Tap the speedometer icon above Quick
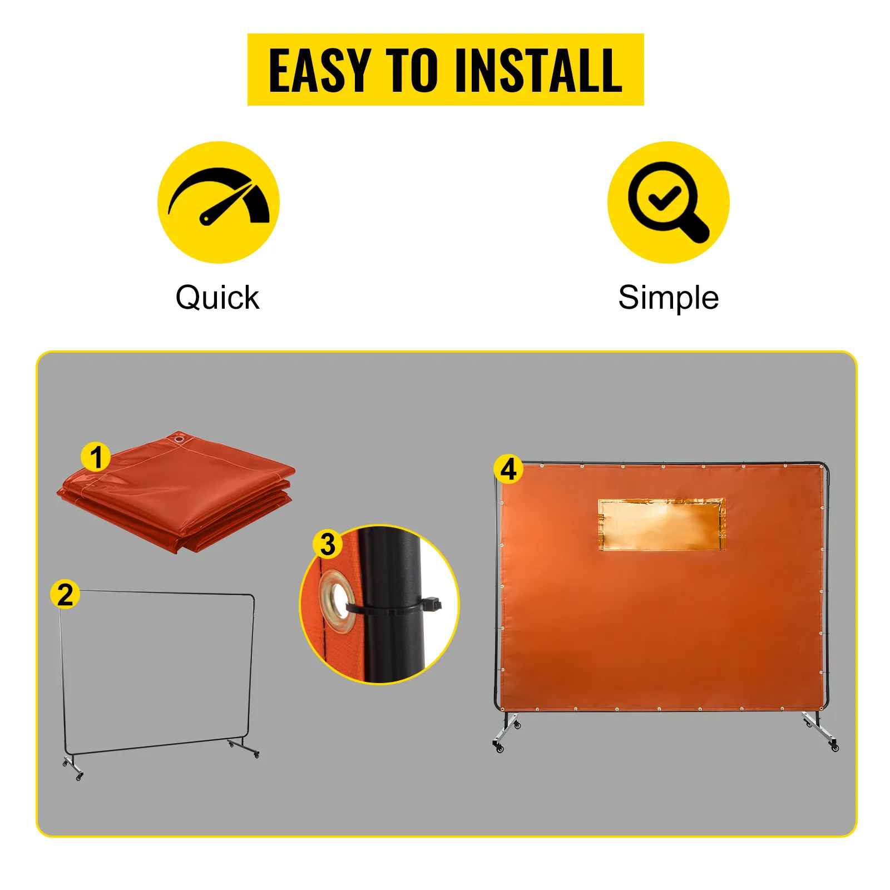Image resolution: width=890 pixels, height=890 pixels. (219, 202)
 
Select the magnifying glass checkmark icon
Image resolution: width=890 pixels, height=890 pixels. (668, 202)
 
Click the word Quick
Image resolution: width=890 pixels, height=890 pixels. (217, 298)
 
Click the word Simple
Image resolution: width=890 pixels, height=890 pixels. (668, 298)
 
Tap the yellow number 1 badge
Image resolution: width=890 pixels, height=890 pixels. (96, 457)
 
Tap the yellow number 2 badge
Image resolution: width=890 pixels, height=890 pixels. (65, 594)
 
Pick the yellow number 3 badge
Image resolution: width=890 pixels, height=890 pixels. (328, 544)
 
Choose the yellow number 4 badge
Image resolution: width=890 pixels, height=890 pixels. (508, 469)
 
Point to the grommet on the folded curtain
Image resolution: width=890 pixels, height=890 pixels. (179, 440)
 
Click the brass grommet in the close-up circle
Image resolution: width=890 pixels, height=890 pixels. (336, 601)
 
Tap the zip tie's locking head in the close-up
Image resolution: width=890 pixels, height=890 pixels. (432, 604)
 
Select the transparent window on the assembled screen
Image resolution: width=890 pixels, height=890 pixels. (661, 525)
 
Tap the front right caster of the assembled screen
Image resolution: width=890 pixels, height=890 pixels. (834, 747)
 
